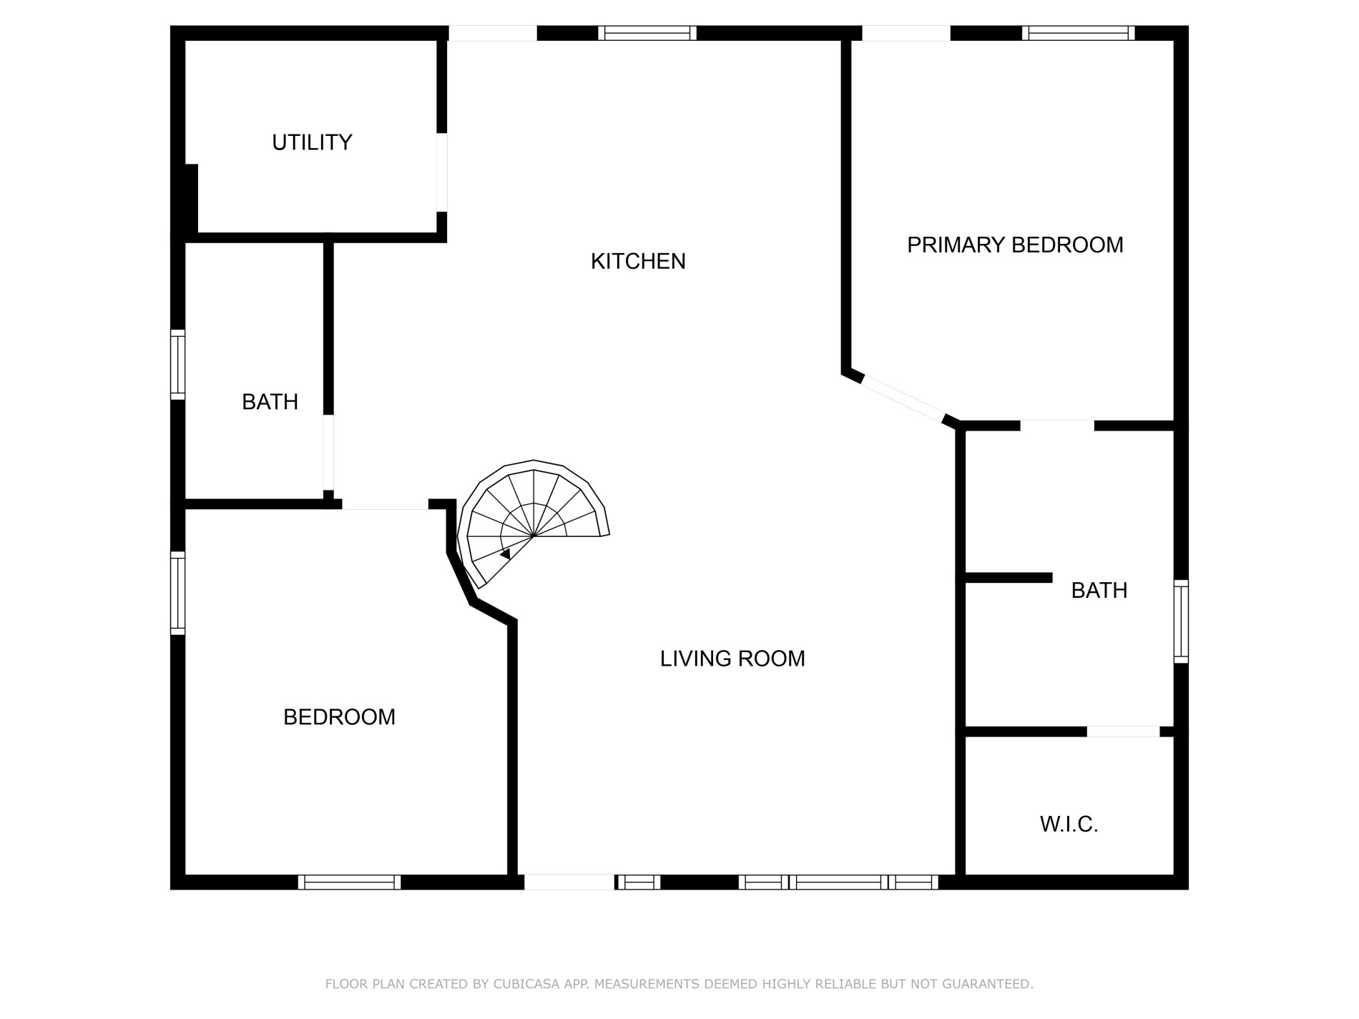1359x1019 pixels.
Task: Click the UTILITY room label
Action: tap(312, 142)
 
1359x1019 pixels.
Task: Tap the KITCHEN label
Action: tap(638, 261)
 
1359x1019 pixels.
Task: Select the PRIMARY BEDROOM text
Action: tap(1015, 245)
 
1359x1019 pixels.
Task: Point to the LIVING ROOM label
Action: tap(732, 658)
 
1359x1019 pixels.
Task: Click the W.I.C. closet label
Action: tap(1069, 824)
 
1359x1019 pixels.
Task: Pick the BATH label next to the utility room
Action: tap(270, 402)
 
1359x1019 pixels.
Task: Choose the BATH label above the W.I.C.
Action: tap(1099, 590)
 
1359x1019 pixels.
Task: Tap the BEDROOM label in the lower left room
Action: tap(339, 717)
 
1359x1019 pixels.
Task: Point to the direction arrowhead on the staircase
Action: tap(505, 553)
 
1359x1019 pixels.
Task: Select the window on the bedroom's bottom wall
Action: tap(349, 882)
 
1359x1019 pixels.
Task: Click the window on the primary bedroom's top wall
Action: tap(1078, 33)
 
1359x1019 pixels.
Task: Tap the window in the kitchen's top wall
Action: tap(647, 33)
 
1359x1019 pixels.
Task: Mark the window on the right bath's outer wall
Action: tap(1181, 621)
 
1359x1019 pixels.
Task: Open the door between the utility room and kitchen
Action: tap(442, 172)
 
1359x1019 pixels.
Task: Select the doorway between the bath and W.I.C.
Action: tap(1123, 732)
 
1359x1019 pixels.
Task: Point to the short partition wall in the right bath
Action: tap(1009, 578)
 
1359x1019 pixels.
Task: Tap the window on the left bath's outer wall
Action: tap(177, 365)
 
